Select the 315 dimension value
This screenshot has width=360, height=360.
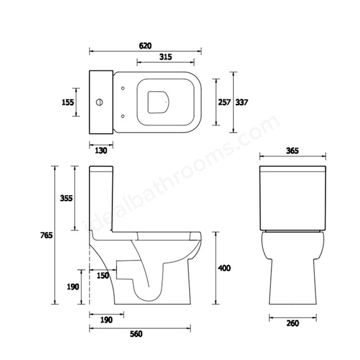(165, 57)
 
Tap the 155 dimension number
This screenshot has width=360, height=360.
(67, 102)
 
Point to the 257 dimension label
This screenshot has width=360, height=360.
(224, 102)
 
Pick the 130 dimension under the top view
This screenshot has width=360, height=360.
(101, 150)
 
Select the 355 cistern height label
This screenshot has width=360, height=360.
(66, 197)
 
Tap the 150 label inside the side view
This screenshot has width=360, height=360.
(103, 275)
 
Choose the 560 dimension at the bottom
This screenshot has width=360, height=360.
(136, 334)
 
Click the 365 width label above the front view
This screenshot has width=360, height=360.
(292, 151)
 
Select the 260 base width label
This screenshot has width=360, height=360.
(292, 323)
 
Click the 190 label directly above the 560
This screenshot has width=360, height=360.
(106, 319)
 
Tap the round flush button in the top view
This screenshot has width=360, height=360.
(100, 102)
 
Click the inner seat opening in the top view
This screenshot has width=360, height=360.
(159, 102)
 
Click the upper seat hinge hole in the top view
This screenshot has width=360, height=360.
(123, 88)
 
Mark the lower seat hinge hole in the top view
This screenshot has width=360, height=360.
(123, 116)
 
